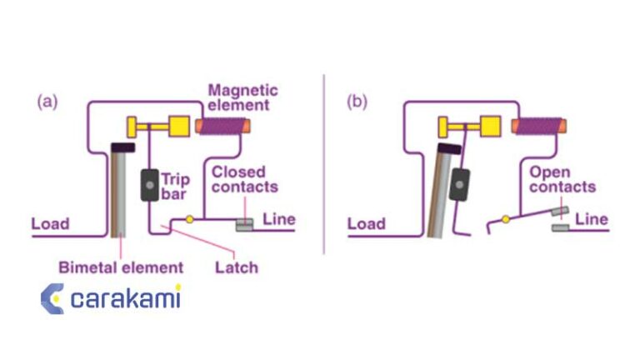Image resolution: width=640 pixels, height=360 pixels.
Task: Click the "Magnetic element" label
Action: (242, 97)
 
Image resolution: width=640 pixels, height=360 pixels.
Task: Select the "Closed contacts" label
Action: (244, 180)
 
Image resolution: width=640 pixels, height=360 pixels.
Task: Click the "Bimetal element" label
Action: (121, 267)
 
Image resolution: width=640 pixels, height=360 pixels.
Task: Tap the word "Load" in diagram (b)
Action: (366, 223)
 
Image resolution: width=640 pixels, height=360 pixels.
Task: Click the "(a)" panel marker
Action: (47, 102)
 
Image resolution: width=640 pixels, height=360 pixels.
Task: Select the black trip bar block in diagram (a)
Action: (150, 184)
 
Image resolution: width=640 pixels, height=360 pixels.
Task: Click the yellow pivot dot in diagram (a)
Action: (189, 220)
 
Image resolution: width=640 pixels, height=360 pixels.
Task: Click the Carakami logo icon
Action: (52, 298)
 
